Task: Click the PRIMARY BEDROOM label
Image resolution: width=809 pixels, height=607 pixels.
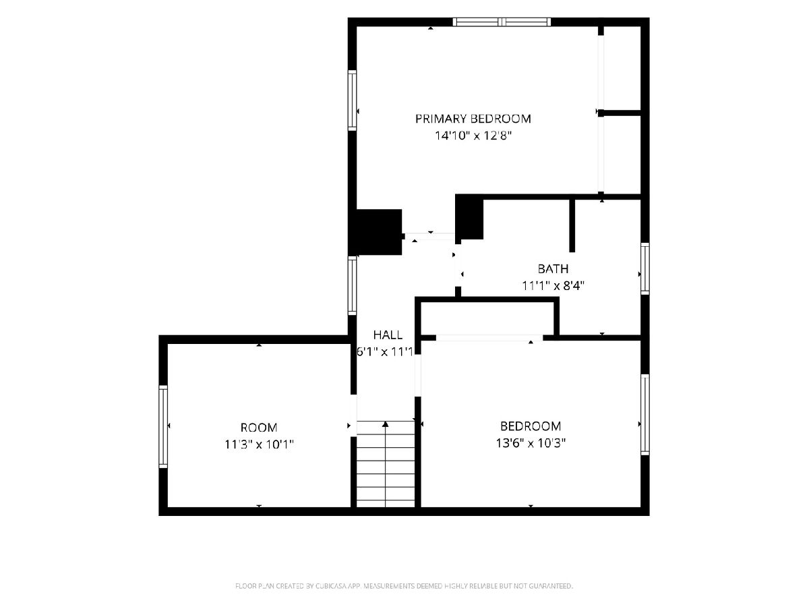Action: (x=473, y=119)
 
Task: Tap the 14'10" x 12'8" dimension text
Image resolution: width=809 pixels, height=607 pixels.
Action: (x=473, y=136)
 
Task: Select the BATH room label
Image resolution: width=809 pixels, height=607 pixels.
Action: (x=553, y=268)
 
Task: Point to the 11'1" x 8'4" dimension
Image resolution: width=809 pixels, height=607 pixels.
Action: (x=553, y=285)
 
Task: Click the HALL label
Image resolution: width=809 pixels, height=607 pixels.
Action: (x=388, y=335)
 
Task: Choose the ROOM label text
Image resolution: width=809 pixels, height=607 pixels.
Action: (x=259, y=428)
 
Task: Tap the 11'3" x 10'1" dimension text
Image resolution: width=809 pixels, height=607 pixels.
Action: (x=259, y=444)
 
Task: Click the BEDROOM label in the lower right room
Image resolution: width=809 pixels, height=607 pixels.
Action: (x=531, y=426)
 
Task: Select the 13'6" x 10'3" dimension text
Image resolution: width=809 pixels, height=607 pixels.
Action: (x=531, y=442)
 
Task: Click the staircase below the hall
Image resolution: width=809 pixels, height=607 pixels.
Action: (x=386, y=464)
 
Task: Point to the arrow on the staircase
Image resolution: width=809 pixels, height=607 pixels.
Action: (x=386, y=464)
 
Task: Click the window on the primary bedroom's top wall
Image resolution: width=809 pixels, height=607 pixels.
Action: (x=502, y=22)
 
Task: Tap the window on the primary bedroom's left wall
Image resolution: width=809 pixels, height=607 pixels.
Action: (x=353, y=100)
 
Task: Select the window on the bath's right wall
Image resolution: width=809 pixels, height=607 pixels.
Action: (x=645, y=268)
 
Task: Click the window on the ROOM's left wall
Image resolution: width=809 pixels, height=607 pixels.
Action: (x=163, y=427)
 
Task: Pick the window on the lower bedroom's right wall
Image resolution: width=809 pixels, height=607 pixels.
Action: (x=645, y=415)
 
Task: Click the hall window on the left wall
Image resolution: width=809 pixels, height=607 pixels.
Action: (x=353, y=285)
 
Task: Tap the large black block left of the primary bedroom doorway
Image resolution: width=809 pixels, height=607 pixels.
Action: (x=376, y=232)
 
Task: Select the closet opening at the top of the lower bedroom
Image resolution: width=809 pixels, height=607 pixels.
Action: (x=489, y=338)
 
